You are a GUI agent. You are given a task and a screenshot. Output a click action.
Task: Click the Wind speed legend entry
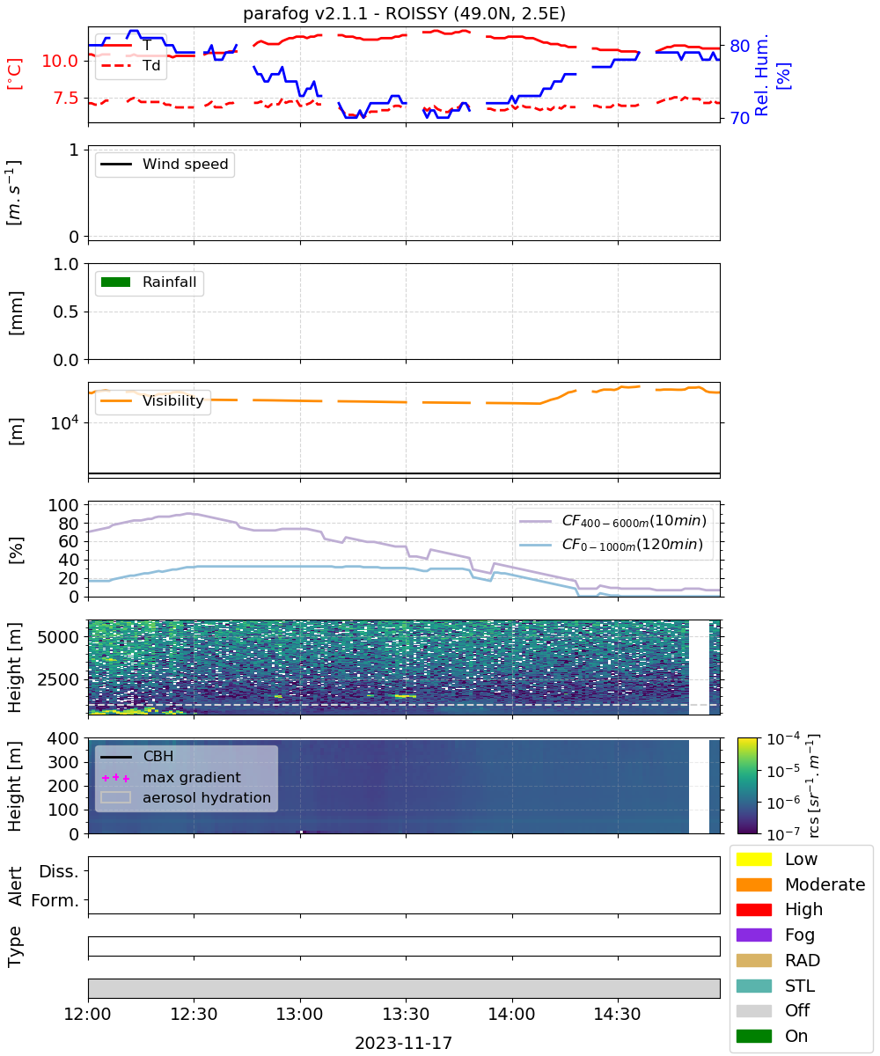[x=165, y=164]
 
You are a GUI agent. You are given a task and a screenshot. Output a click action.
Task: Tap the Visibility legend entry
[x=151, y=400]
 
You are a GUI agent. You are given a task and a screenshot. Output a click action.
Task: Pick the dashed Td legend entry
[x=130, y=66]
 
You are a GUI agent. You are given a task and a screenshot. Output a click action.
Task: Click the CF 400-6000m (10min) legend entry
[x=613, y=521]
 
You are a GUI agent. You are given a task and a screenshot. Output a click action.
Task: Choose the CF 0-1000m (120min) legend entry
[x=611, y=545]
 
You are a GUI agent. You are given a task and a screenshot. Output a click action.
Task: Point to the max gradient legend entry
[x=171, y=777]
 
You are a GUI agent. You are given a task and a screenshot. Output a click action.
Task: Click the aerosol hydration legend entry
[x=186, y=797]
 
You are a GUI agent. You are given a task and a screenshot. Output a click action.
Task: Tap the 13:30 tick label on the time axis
[x=406, y=1014]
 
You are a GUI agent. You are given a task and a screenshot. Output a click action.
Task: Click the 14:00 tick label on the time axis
[x=512, y=1014]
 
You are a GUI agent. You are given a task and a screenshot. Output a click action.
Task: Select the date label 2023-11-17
[x=404, y=1043]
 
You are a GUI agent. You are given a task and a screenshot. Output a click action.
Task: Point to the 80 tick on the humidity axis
[x=739, y=46]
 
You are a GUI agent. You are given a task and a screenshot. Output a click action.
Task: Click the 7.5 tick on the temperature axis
[x=66, y=98]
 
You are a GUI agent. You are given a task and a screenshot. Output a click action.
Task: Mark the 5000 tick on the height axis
[x=58, y=637]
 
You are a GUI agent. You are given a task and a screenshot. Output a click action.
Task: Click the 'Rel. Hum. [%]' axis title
[x=772, y=75]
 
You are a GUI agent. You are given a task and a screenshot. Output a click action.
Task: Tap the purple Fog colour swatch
[x=753, y=935]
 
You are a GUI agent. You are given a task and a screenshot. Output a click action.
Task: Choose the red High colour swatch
[x=753, y=909]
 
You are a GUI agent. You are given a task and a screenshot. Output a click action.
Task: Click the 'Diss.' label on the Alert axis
[x=59, y=871]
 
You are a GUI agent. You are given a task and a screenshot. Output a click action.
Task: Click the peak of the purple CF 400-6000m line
[x=188, y=513]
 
